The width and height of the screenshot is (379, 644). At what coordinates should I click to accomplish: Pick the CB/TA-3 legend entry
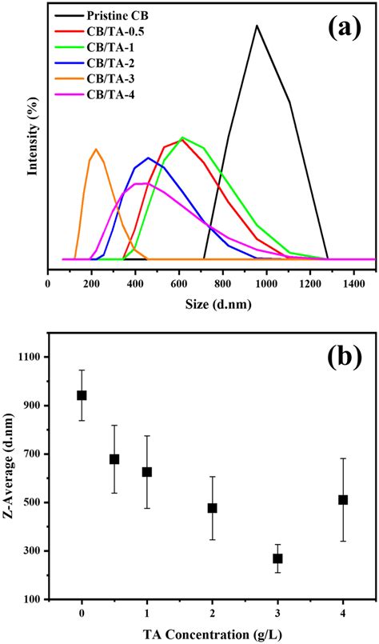pyautogui.click(x=132, y=80)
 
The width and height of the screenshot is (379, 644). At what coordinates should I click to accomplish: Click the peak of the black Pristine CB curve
pyautogui.click(x=257, y=25)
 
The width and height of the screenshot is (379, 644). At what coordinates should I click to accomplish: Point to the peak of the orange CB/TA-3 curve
pyautogui.click(x=96, y=149)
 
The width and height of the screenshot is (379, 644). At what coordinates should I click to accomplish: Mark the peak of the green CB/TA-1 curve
pyautogui.click(x=182, y=138)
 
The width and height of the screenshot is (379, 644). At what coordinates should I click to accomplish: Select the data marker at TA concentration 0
pyautogui.click(x=82, y=395)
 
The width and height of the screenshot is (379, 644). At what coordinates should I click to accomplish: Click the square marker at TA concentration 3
pyautogui.click(x=277, y=558)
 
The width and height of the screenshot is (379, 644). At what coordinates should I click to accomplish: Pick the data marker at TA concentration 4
pyautogui.click(x=343, y=500)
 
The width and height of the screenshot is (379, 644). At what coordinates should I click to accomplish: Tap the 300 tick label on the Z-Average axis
pyautogui.click(x=33, y=551)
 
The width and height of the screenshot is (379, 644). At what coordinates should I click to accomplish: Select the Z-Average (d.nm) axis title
pyautogui.click(x=10, y=478)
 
